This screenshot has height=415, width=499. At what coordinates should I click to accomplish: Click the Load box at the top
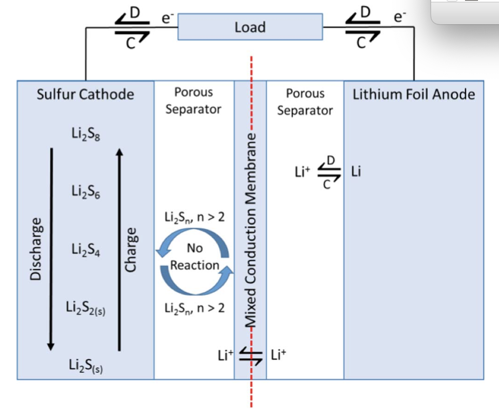[250, 27]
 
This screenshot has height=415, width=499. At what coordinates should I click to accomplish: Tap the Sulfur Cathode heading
[85, 94]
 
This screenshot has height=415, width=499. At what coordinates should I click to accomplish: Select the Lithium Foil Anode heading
[414, 94]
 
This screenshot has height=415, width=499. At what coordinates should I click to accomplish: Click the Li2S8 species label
[86, 133]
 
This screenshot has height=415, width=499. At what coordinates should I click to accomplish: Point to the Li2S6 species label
[86, 191]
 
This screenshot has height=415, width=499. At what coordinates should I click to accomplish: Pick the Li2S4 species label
[86, 249]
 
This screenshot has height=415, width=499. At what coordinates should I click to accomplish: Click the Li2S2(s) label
[86, 308]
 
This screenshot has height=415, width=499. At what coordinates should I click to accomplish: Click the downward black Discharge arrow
[51, 249]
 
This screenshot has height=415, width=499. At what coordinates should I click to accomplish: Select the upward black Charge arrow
[119, 249]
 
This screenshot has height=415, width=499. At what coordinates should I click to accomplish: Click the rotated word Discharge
[36, 249]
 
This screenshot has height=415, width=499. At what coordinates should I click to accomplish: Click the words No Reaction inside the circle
[195, 257]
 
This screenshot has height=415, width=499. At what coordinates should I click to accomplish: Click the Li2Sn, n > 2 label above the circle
[194, 218]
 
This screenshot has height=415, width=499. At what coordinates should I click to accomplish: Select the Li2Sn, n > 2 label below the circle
[194, 309]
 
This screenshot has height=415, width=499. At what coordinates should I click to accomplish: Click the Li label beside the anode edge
[356, 172]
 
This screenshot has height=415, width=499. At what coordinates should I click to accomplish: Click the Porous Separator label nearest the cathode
[193, 101]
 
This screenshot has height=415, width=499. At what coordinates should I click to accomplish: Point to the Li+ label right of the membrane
[278, 355]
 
